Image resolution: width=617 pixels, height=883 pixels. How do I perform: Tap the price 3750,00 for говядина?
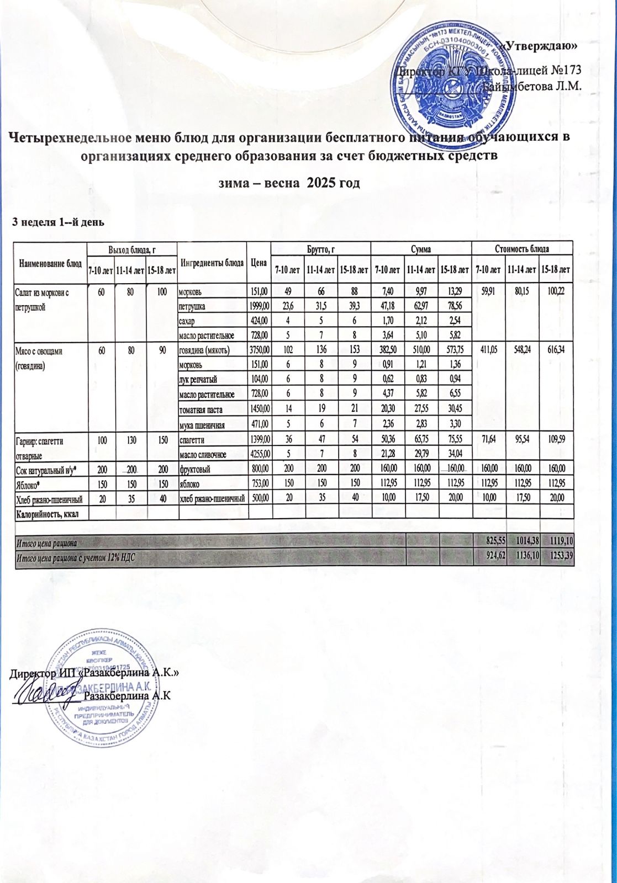point(259,350)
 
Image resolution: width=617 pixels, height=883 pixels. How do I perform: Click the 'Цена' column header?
point(259,264)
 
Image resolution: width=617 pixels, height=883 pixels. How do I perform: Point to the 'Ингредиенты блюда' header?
point(212,264)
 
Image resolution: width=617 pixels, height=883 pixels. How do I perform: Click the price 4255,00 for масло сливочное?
point(259,453)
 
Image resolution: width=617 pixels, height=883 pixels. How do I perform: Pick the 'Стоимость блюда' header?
point(523,249)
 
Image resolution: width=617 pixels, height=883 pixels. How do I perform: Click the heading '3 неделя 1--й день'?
point(59,222)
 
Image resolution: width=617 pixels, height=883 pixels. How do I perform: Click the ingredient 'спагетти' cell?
point(191,439)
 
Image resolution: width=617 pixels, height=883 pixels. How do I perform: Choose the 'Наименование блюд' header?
point(50,264)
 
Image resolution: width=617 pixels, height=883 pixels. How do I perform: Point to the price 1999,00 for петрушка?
point(259,305)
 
